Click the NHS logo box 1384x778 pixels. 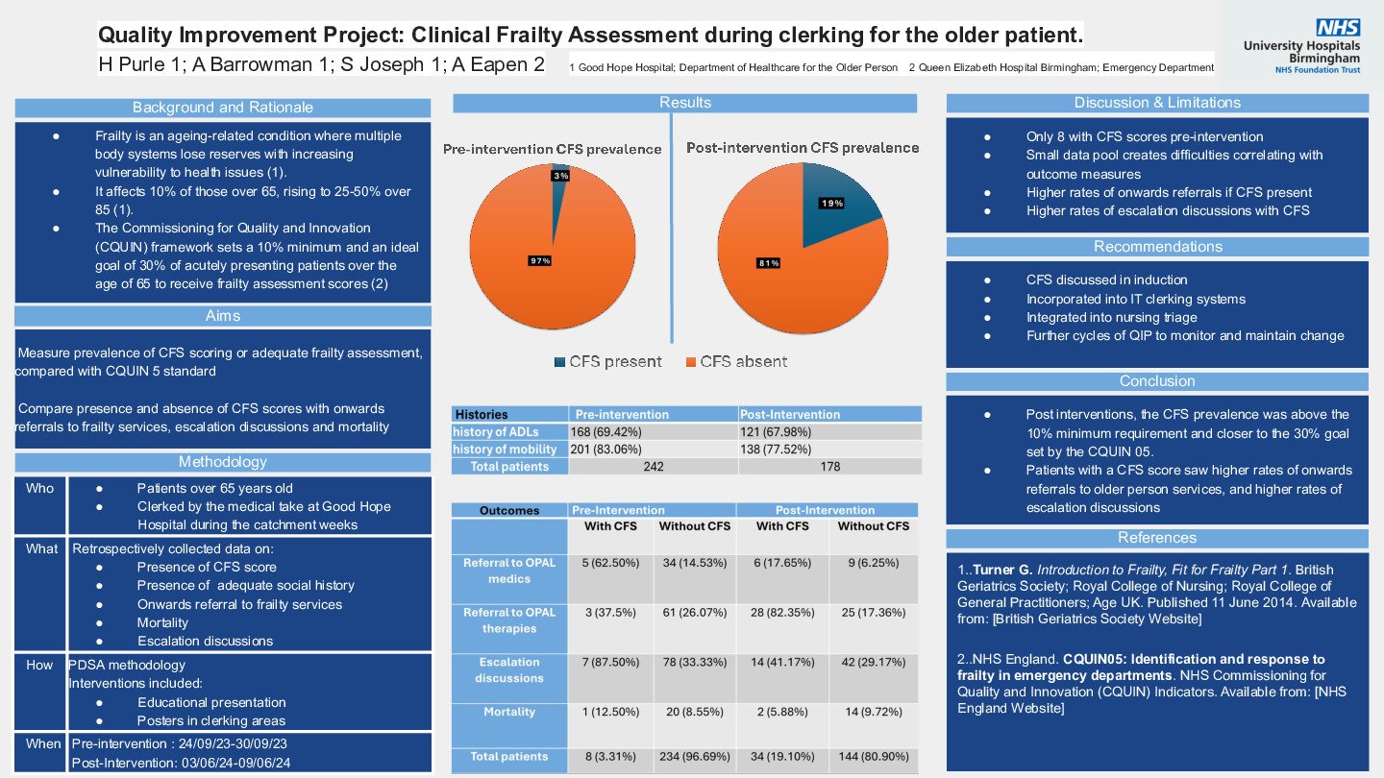pos(1338,28)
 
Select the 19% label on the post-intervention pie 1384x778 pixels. pos(831,203)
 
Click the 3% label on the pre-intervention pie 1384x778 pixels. pos(560,176)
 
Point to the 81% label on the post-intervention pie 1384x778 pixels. pos(769,262)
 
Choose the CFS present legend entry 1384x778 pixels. pos(607,362)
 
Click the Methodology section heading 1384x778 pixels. pos(223,462)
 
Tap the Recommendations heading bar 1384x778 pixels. pos(1157,247)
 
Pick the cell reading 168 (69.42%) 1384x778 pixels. pos(606,432)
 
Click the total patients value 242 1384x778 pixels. pos(653,467)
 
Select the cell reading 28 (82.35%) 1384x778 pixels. pos(783,613)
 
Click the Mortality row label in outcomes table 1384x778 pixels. pos(509,712)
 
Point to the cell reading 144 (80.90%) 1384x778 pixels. pos(873,757)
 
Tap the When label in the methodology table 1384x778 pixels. pos(39,744)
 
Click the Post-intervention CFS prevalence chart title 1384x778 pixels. pos(803,148)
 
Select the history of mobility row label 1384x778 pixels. pos(505,450)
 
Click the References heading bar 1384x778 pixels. pos(1157,538)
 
